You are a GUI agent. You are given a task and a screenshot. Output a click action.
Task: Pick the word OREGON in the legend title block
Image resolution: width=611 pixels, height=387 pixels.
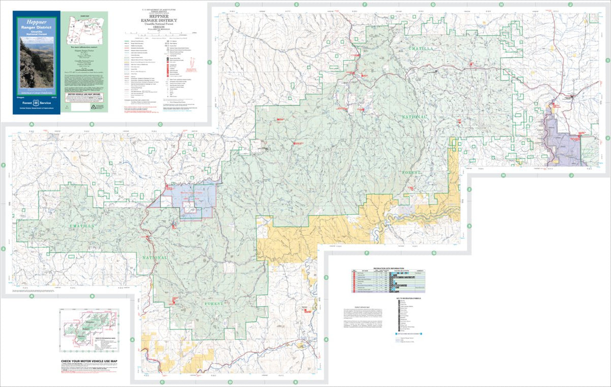[164, 21]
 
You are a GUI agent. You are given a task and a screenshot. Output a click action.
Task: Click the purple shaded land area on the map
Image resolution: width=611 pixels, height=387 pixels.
[563, 143]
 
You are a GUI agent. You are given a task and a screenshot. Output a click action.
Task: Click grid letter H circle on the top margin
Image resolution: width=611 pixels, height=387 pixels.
[501, 5]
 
